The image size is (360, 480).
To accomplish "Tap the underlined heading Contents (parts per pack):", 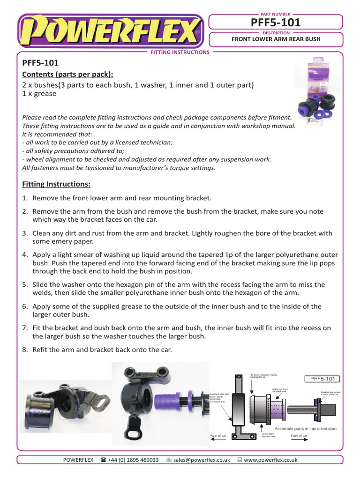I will click(68, 75).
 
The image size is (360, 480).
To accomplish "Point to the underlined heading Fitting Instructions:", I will click(56, 184).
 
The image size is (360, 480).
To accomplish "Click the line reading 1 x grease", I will click(39, 93).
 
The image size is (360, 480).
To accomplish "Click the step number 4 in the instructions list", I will click(25, 255).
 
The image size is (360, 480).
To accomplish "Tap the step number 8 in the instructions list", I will click(25, 349).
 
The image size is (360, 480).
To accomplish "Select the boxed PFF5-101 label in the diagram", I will click(322, 379).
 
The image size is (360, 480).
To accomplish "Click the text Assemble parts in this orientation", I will click(305, 428).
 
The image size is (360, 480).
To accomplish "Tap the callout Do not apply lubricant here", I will click(269, 435).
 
